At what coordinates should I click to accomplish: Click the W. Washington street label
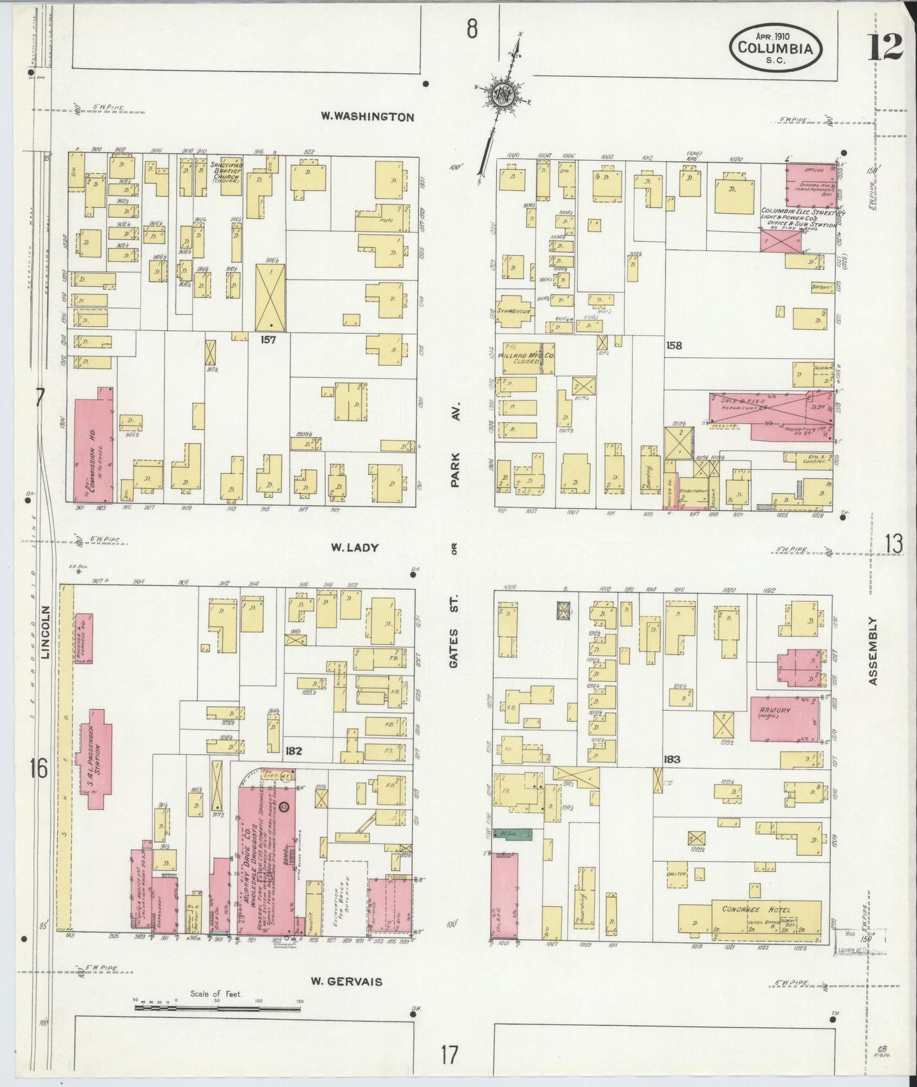pos(367,117)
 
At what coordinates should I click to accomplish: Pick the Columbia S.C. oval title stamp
pos(776,48)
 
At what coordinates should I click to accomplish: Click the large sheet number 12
pos(884,47)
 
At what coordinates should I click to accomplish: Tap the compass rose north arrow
pos(503,95)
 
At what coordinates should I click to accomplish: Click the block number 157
pos(268,339)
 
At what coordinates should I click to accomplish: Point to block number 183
pos(672,759)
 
